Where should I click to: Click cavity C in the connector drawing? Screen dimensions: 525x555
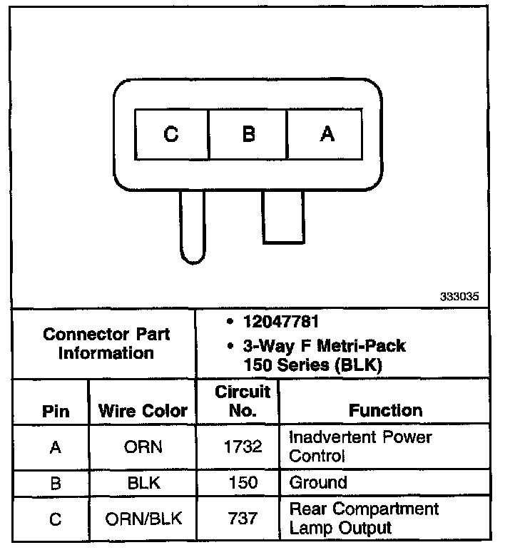171,134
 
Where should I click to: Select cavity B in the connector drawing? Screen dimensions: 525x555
248,134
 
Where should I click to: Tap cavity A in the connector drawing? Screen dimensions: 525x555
326,134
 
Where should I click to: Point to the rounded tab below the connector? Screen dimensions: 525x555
193,227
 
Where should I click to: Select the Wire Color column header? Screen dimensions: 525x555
143,411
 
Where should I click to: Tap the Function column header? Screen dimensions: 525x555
385,410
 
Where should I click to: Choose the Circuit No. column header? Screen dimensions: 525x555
243,401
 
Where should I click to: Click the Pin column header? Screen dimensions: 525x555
56,412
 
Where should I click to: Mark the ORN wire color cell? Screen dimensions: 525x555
143,447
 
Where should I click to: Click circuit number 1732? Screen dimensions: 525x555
243,447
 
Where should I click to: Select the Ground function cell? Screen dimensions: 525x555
318,482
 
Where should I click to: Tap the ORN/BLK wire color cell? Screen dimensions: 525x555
143,519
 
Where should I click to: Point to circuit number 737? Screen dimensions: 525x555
243,519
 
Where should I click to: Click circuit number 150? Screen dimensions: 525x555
243,483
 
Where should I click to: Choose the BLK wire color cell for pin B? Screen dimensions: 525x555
143,483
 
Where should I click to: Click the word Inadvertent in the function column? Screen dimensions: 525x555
332,437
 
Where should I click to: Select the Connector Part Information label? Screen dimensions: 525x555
106,343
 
